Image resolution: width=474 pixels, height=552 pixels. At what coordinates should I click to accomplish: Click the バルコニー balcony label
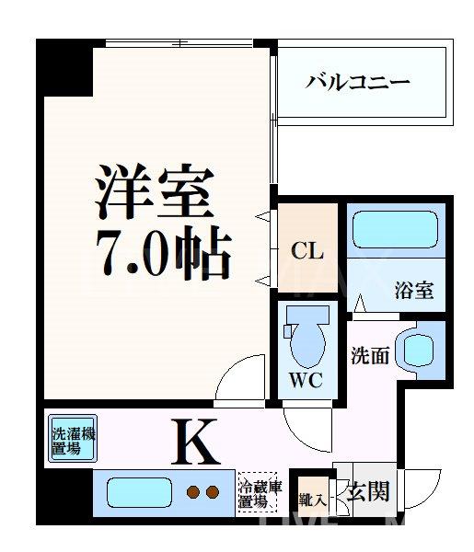358,82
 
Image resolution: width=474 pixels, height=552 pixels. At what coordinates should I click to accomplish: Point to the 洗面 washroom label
368,354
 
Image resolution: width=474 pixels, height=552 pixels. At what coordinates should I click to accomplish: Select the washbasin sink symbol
422,349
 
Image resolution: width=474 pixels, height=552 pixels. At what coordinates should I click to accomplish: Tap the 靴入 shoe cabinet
310,500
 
